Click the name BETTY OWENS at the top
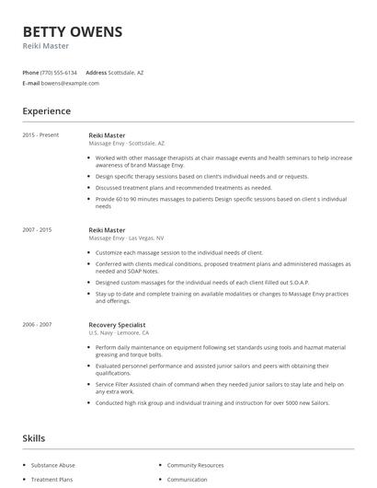tap(72, 32)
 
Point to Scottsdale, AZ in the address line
tap(127, 72)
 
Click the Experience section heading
tap(46, 111)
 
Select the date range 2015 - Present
tap(40, 135)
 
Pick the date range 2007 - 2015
tap(38, 229)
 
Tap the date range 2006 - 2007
tap(38, 324)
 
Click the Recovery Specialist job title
tap(117, 324)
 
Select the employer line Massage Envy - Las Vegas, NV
tap(126, 238)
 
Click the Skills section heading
tap(34, 438)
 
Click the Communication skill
tap(187, 480)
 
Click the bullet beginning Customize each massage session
tap(178, 251)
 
